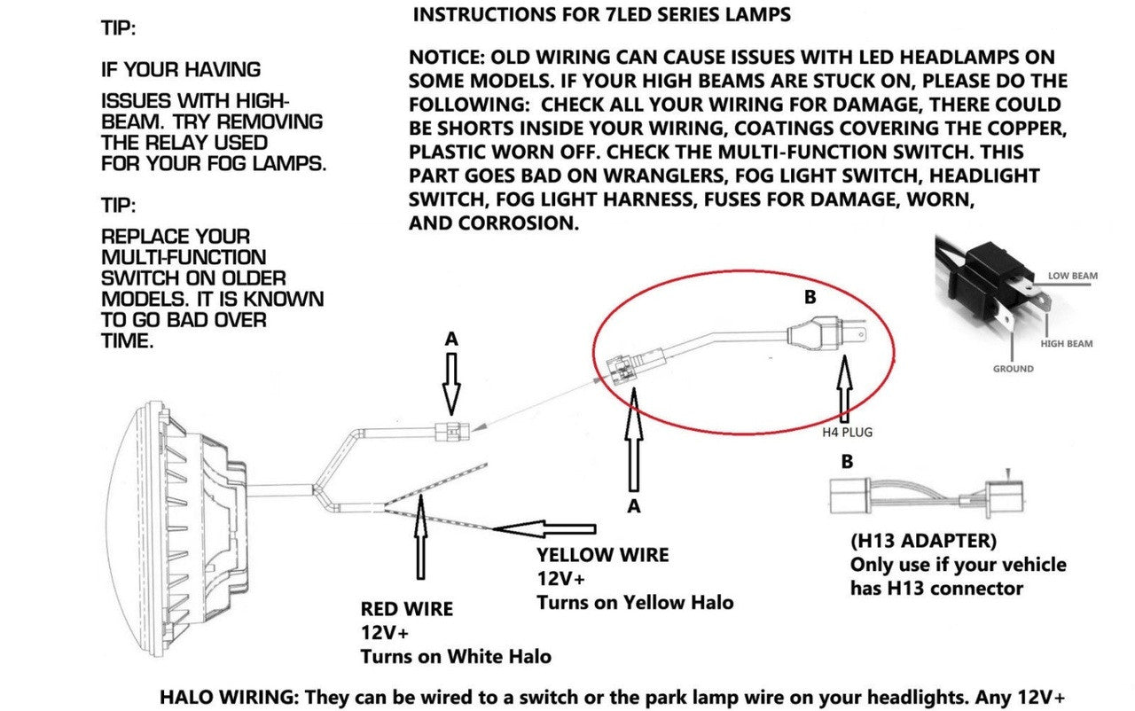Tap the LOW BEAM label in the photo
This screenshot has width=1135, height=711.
coord(1072,276)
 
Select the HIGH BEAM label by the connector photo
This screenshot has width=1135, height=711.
coord(1067,343)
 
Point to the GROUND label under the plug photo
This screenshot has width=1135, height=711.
coord(1013,368)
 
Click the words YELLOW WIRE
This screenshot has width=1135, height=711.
coord(602,555)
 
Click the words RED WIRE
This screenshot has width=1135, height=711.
coord(406,609)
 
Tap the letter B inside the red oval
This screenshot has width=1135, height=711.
coord(809,298)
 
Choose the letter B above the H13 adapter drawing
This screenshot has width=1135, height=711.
coord(846,461)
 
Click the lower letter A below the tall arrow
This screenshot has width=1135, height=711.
coord(633,505)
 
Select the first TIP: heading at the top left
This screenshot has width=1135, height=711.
coord(119,28)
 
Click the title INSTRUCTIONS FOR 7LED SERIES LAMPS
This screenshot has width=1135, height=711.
coord(602,15)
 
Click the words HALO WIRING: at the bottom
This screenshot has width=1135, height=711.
coord(230,697)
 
